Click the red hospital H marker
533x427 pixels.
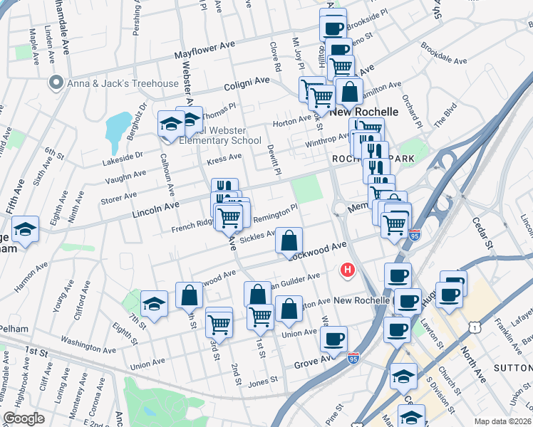click(348, 270)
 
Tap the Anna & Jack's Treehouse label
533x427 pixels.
click(123, 84)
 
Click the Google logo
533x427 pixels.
click(24, 418)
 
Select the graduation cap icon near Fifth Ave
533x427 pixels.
click(26, 230)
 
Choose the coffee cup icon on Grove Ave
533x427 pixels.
click(333, 340)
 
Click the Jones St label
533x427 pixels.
click(262, 381)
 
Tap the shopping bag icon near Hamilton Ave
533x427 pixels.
click(349, 93)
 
